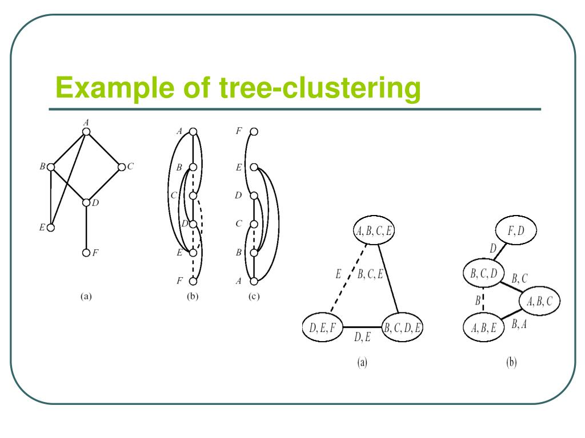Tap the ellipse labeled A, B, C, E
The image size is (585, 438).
coord(374,231)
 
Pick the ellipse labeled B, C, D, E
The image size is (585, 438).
coord(403,327)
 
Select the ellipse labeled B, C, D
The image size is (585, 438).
coord(483,275)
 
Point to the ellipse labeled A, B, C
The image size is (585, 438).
coord(538,302)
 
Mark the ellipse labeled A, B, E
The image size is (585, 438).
coord(483,327)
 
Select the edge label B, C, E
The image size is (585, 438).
coord(370,274)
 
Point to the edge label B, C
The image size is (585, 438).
coord(519,278)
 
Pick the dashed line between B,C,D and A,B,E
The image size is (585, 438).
coord(483,301)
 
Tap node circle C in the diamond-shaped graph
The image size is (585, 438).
coord(121,167)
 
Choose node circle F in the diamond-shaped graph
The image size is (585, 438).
coord(86,252)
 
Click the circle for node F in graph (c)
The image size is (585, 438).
coord(254,132)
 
